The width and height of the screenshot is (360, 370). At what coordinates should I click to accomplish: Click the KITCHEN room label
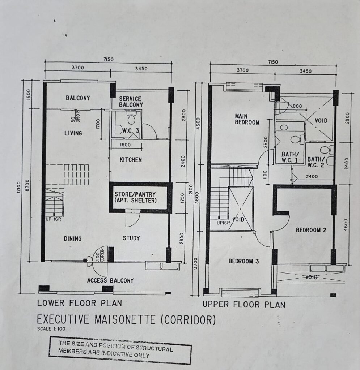131,160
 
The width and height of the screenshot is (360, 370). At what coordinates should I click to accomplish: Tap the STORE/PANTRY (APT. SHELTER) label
135,198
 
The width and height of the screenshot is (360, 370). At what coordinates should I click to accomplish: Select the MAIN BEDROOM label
247,119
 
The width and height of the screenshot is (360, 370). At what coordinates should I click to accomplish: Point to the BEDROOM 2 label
311,230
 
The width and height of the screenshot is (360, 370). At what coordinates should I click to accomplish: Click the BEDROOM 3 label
243,261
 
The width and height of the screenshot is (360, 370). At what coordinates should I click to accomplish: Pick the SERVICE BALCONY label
131,102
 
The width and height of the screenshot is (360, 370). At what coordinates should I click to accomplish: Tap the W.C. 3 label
131,131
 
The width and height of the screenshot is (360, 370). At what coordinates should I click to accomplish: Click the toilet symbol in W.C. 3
131,117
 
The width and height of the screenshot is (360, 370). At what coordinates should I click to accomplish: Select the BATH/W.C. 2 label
316,162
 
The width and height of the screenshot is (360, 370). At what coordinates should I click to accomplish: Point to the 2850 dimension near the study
182,238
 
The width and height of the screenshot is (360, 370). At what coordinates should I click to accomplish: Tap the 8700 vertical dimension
27,185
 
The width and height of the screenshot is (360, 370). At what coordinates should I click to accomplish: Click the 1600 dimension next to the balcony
29,95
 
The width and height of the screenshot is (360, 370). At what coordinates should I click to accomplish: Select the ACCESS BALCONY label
110,280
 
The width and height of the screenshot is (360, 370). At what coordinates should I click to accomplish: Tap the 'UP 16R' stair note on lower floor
54,219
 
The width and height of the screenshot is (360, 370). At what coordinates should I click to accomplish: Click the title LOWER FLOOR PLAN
80,303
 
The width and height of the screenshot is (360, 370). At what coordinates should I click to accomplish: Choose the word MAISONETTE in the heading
125,320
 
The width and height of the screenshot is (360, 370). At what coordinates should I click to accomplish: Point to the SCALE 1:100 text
51,329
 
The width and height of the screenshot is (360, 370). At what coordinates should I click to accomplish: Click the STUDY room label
131,238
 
